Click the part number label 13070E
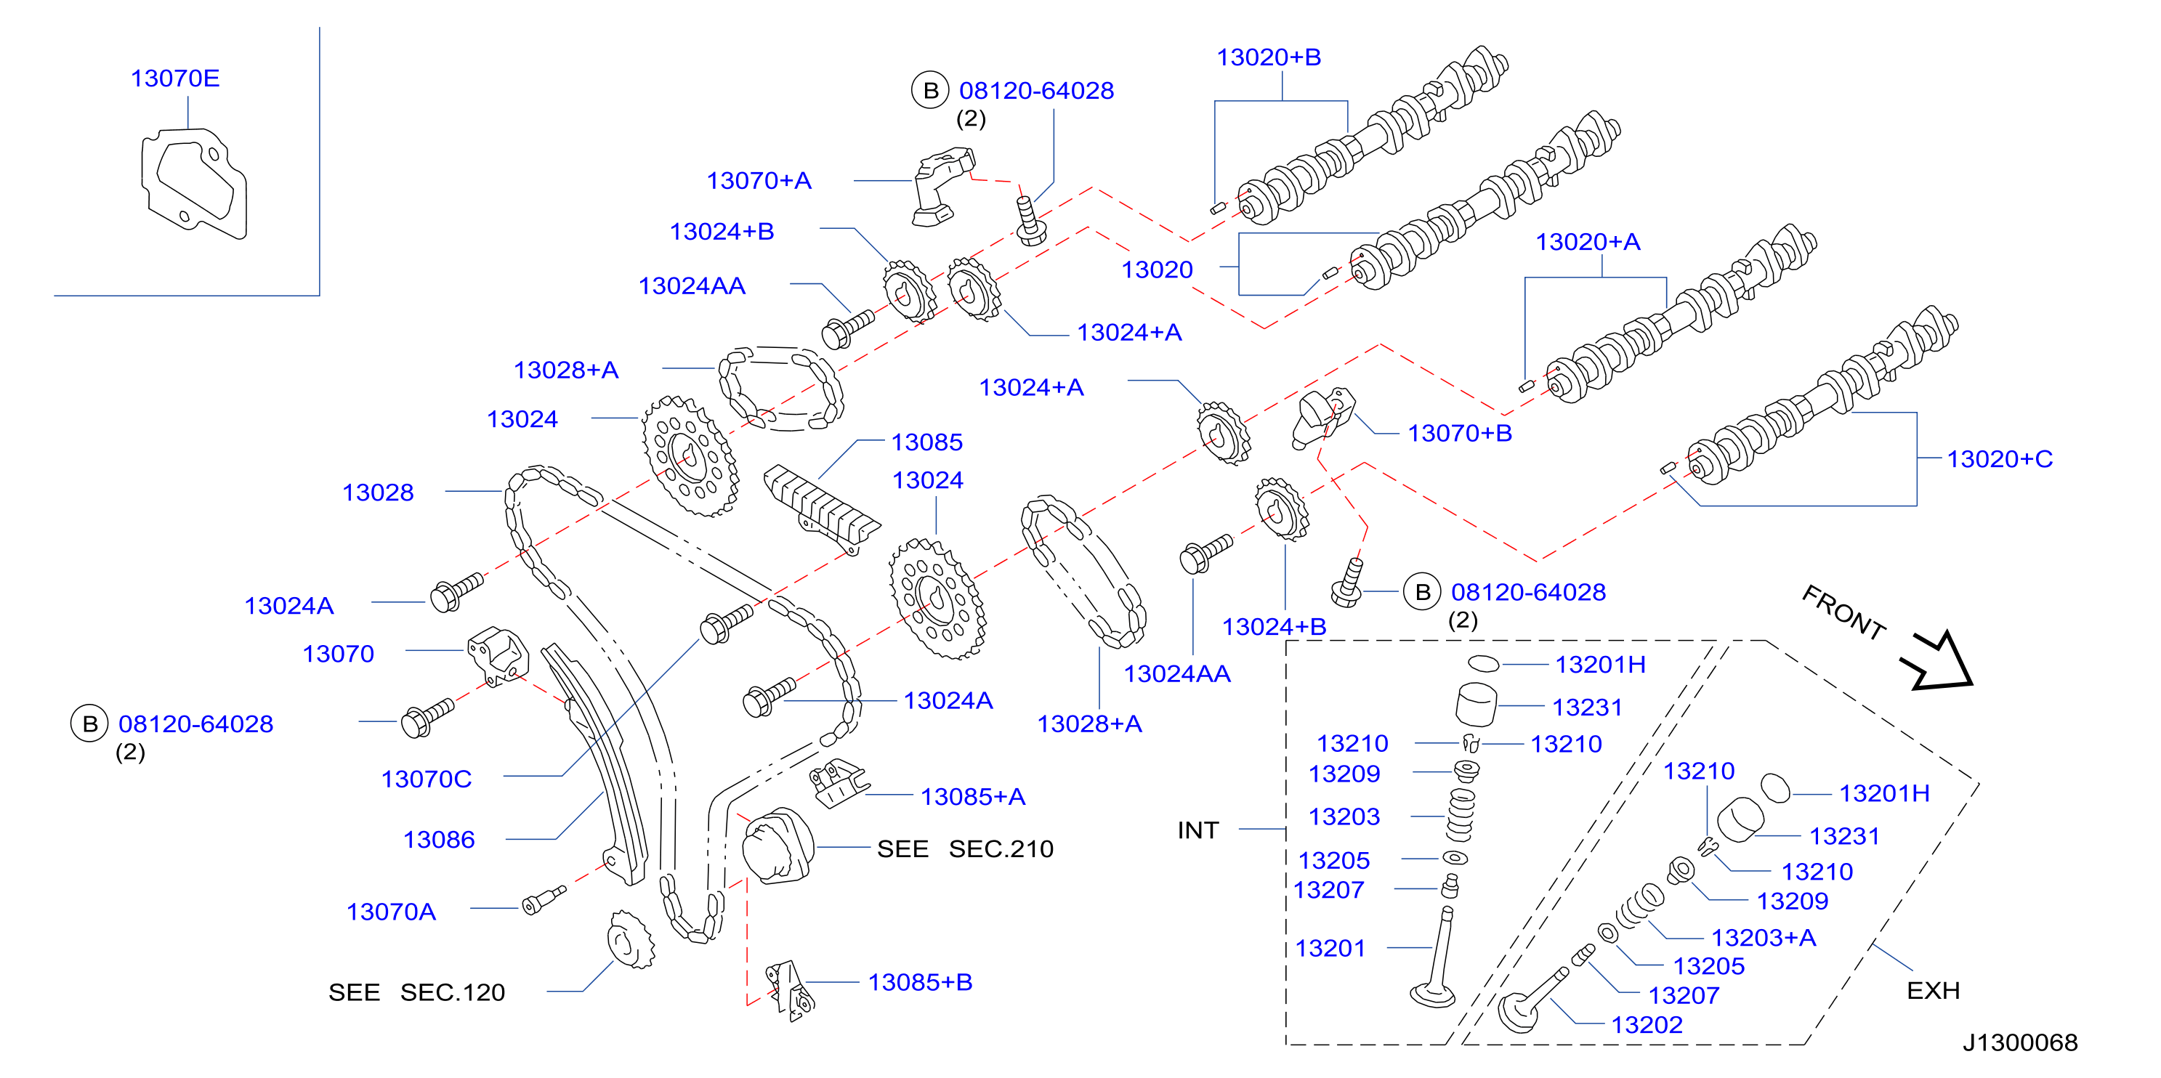[174, 78]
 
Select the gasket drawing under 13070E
[194, 183]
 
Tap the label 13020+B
[1269, 57]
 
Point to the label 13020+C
[1999, 459]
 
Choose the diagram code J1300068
[2019, 1042]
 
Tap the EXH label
[1933, 991]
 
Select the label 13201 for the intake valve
[1330, 948]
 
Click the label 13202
[1647, 1024]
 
